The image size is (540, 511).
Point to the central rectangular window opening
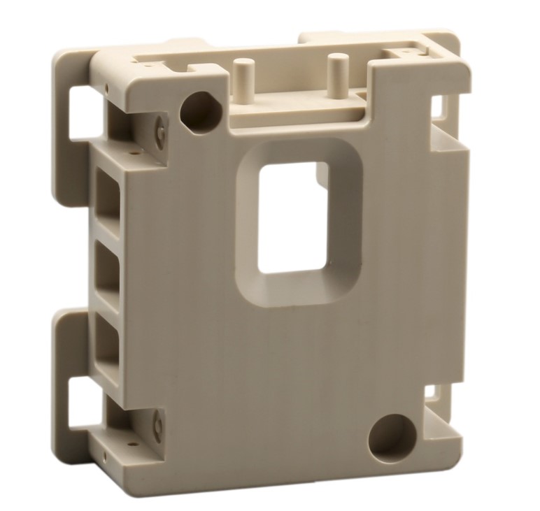[x=293, y=217]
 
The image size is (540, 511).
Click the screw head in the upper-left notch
[x=160, y=132]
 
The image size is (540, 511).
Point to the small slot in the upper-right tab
[x=438, y=105]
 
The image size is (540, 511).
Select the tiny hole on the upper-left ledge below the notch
[x=130, y=149]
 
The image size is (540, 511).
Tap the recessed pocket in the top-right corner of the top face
[x=410, y=52]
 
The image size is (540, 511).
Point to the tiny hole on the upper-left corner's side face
[x=106, y=87]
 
